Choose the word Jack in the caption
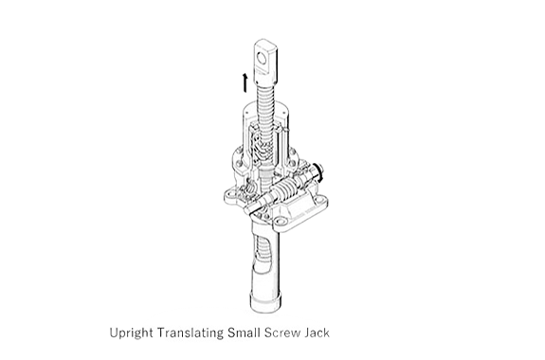pos(317,333)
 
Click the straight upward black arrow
pos(245,82)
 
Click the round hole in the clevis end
pos(262,58)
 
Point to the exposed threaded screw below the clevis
pos(267,103)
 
